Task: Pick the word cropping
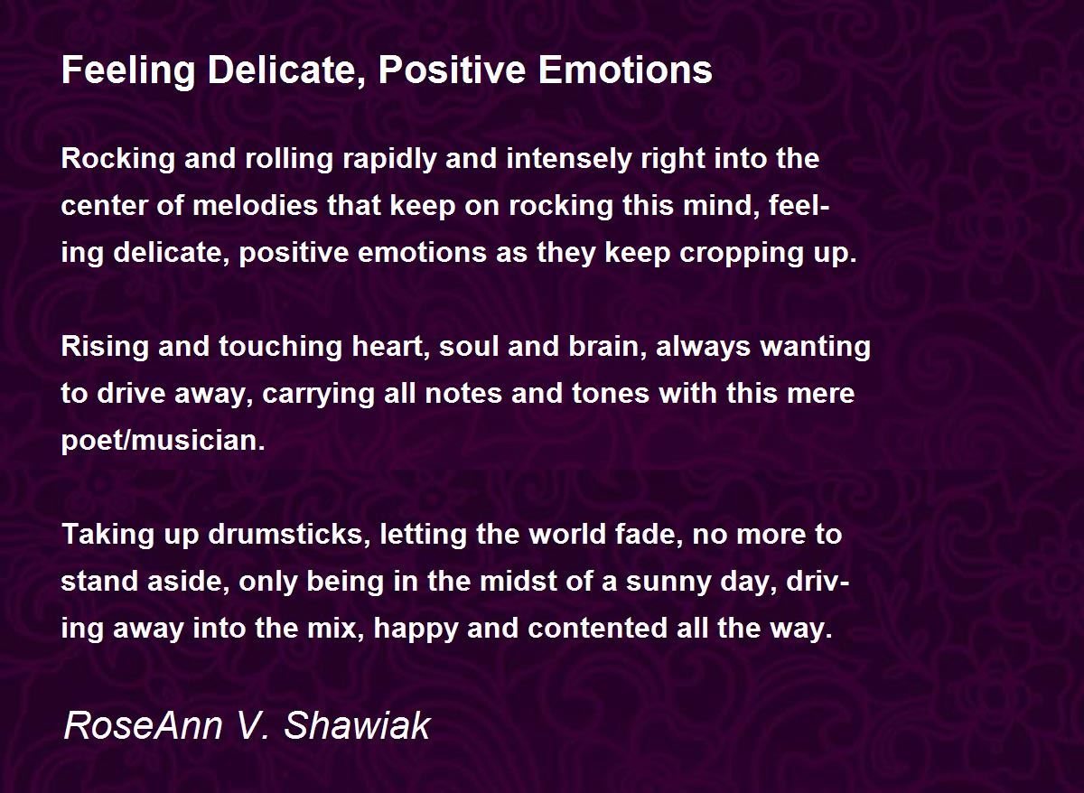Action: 734,254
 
